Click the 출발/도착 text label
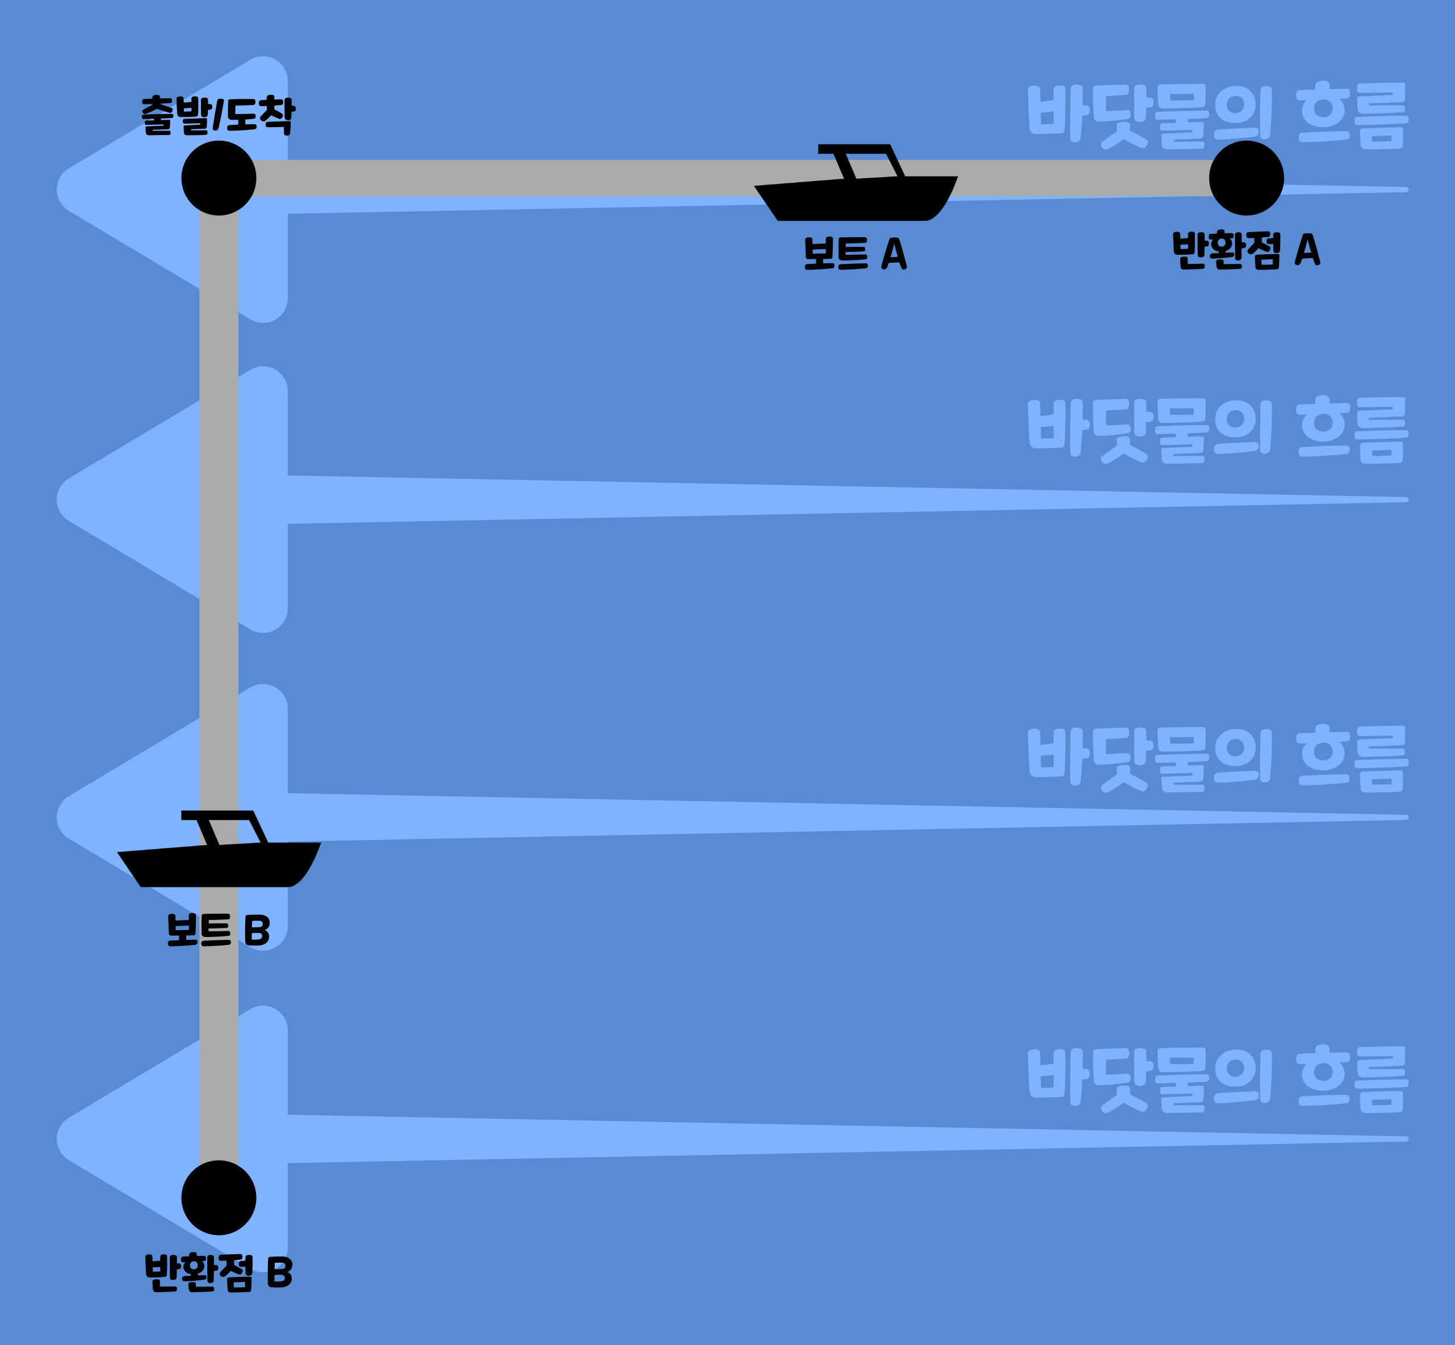tap(217, 115)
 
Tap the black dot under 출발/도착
tap(219, 178)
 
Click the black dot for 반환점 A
tap(1246, 178)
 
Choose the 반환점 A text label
tap(1246, 250)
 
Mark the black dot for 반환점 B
tap(219, 1197)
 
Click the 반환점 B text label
tap(219, 1271)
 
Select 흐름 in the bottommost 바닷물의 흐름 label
tap(1352, 1079)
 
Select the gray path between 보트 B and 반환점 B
tap(219, 1056)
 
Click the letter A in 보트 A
tap(894, 253)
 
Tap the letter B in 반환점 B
tap(279, 1271)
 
